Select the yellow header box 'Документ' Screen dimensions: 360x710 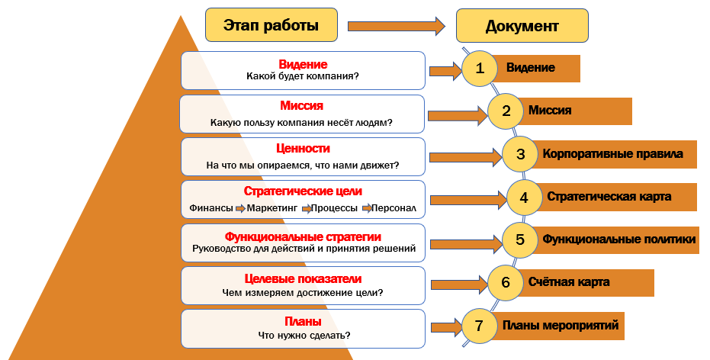522,26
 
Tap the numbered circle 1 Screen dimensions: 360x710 480,69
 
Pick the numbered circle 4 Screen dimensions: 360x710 524,197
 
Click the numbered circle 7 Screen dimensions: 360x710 479,326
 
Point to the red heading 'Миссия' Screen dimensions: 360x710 302,106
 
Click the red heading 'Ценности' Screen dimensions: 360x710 302,149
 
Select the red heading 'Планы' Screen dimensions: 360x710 302,321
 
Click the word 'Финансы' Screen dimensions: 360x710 210,208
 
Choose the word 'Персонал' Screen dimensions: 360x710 395,208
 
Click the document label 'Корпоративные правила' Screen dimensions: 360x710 613,154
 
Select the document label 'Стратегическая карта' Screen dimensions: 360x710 609,197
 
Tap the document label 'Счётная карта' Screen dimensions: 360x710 569,282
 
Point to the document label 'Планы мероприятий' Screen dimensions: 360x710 560,326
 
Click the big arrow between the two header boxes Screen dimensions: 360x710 396,26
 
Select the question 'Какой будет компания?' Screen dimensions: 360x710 303,76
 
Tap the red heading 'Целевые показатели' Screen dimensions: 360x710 302,278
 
